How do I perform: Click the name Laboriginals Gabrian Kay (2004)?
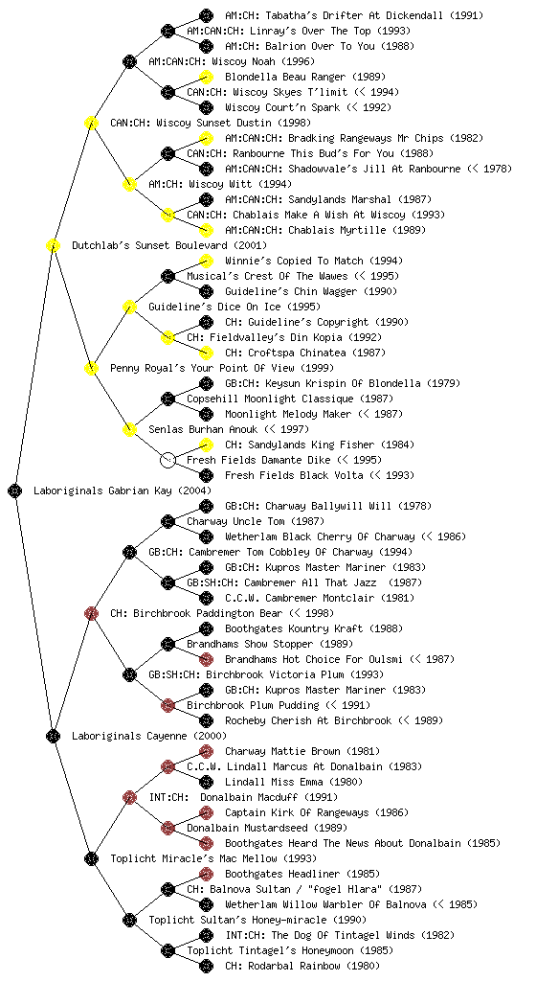pos(123,490)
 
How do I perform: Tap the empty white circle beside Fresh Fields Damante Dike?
pos(167,460)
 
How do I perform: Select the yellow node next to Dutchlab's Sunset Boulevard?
pos(53,245)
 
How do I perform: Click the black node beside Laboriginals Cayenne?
pos(53,736)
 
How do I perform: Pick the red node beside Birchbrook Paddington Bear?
pos(91,613)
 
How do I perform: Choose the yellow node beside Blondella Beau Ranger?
pos(206,77)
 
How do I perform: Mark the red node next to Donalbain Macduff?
pos(129,797)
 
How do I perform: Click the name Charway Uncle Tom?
pos(236,521)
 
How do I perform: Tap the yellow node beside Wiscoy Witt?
pos(129,184)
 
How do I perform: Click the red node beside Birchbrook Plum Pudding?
pos(167,705)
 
